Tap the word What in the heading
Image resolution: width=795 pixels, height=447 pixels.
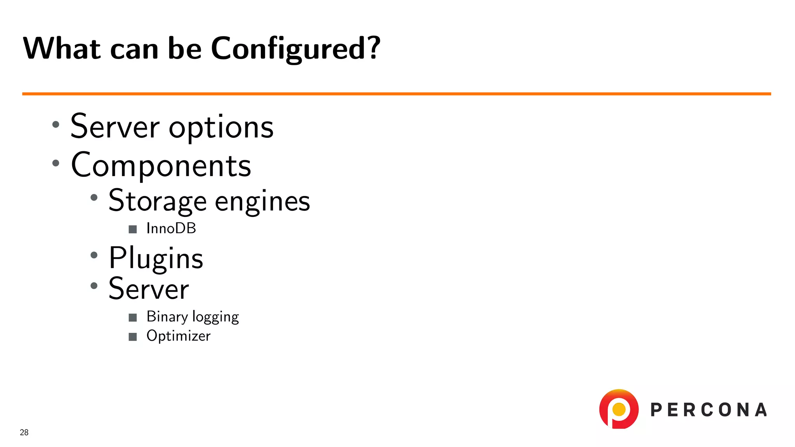[62, 48]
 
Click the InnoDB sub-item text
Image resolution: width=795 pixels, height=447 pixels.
[171, 229]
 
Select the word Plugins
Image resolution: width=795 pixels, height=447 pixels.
[156, 258]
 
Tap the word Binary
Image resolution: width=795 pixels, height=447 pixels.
[167, 317]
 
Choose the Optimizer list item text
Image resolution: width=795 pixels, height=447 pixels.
[179, 336]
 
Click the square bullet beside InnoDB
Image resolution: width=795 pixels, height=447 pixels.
[133, 229]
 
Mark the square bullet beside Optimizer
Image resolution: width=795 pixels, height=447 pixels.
[133, 336]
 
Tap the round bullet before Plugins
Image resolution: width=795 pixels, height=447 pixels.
[94, 255]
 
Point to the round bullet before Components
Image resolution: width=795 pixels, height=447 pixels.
[56, 163]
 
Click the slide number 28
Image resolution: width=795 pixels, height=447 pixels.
[24, 432]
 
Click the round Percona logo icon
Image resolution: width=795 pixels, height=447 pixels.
[619, 409]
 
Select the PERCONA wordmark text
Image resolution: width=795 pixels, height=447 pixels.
[709, 410]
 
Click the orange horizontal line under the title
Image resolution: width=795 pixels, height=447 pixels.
[396, 94]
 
